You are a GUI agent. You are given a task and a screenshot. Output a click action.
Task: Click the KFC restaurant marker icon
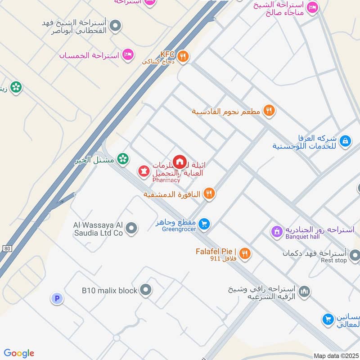(x=183, y=56)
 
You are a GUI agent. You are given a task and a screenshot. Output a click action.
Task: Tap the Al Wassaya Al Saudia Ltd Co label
(x=98, y=229)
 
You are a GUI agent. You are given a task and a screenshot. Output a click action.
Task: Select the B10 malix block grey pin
(x=145, y=290)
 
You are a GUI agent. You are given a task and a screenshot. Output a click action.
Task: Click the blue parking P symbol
(x=57, y=298)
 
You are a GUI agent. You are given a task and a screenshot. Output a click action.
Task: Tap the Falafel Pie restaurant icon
(x=245, y=254)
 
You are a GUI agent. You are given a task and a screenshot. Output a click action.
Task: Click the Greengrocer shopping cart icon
(x=204, y=224)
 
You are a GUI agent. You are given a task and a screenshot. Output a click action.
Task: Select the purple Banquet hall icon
(x=276, y=232)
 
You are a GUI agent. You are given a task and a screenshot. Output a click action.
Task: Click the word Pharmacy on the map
(x=166, y=180)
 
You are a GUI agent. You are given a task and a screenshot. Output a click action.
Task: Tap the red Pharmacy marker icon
(x=144, y=171)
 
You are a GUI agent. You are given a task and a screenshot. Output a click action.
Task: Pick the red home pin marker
(x=180, y=162)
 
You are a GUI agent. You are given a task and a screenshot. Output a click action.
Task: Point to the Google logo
(x=19, y=353)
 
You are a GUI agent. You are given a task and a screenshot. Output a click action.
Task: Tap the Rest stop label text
(x=333, y=261)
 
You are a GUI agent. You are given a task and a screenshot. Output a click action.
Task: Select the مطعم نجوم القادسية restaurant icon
(x=269, y=110)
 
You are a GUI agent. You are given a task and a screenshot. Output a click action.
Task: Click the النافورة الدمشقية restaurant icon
(x=209, y=194)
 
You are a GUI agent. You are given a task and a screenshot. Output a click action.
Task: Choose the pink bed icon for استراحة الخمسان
(x=129, y=55)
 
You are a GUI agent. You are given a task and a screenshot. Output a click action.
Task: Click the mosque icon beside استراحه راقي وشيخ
(x=305, y=292)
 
